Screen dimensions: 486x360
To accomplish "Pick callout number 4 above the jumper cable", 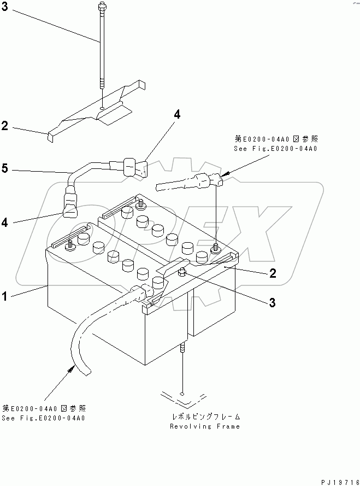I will tap(176, 114).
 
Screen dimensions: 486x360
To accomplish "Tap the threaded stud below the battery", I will tap(182, 350).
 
